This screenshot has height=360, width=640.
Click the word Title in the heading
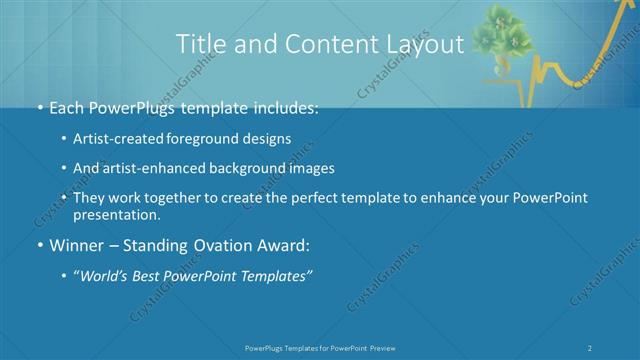point(200,45)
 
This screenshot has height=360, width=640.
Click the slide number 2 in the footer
point(591,347)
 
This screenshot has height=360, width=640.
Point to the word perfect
point(306,199)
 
